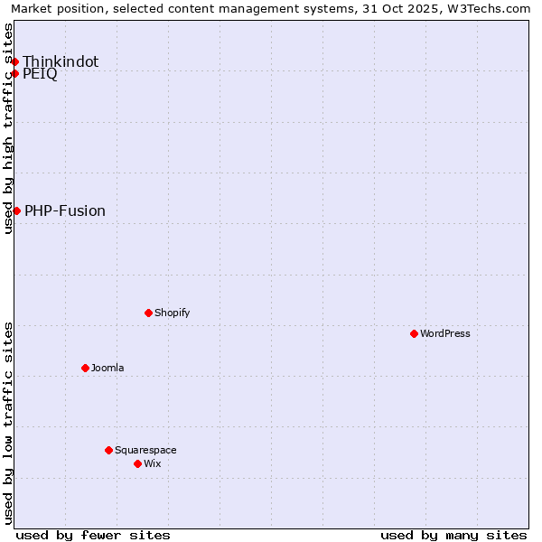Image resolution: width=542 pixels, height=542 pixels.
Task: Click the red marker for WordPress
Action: (414, 333)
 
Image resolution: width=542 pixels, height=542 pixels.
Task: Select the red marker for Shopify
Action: (148, 313)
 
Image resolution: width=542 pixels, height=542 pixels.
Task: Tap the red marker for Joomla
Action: (85, 368)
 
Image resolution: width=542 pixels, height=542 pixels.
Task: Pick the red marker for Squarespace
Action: (108, 450)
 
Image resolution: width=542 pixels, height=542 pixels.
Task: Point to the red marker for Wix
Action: (137, 463)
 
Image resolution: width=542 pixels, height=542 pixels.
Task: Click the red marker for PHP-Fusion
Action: (16, 210)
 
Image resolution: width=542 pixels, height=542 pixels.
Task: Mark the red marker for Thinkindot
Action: (14, 61)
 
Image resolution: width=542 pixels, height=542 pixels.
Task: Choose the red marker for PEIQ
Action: (14, 73)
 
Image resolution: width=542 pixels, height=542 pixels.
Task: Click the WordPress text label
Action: (445, 333)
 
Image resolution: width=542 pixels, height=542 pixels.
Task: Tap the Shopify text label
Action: (173, 313)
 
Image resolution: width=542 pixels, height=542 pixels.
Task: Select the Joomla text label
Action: (107, 368)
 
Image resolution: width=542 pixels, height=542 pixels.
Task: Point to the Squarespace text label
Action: (145, 450)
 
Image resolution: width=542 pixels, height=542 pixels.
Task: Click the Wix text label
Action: (153, 463)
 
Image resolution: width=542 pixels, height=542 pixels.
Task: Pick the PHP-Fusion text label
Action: (65, 210)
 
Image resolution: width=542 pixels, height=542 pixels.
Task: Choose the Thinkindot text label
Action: (61, 61)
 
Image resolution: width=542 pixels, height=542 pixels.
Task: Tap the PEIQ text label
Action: (40, 74)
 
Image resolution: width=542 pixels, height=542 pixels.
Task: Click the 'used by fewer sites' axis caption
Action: (93, 535)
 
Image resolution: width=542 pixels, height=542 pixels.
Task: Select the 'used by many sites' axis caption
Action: (453, 535)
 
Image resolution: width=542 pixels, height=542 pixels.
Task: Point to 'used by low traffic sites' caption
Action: (8, 423)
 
